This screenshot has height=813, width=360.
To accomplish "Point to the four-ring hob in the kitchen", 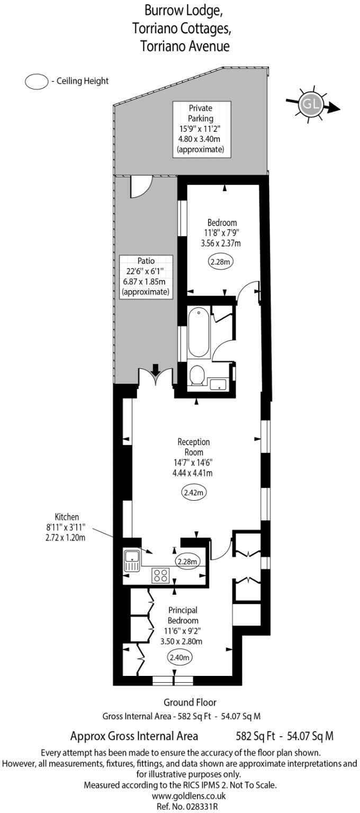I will [160, 574].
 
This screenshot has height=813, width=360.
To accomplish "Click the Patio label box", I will [146, 276].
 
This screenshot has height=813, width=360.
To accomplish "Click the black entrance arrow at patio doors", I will [156, 369].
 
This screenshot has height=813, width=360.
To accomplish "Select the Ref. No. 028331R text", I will [181, 806].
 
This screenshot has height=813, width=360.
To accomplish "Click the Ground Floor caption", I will [190, 702].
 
